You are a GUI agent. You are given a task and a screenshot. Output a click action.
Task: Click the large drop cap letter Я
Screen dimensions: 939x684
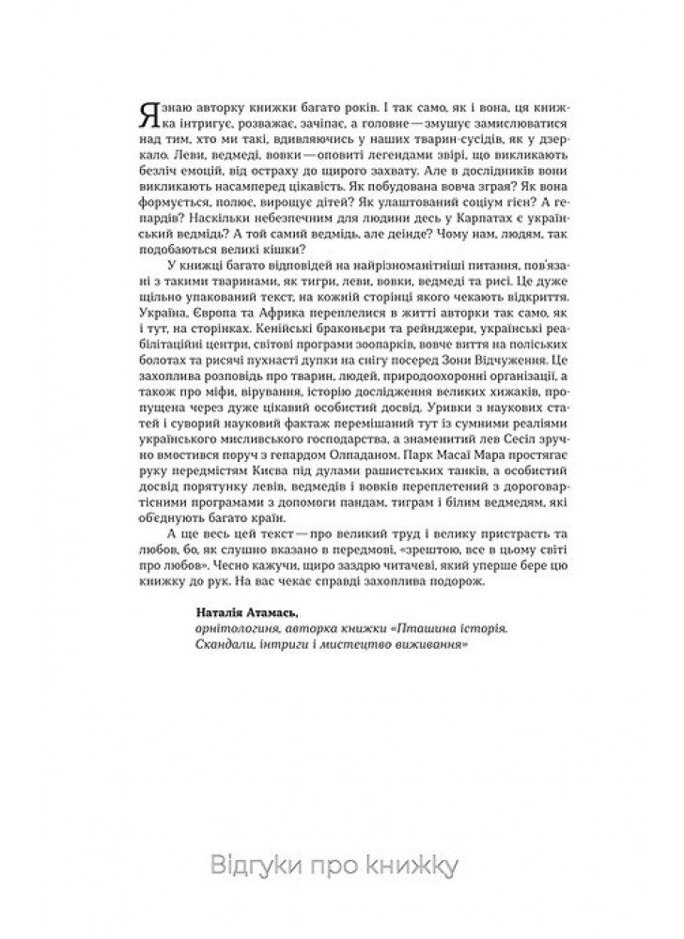coord(147,115)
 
